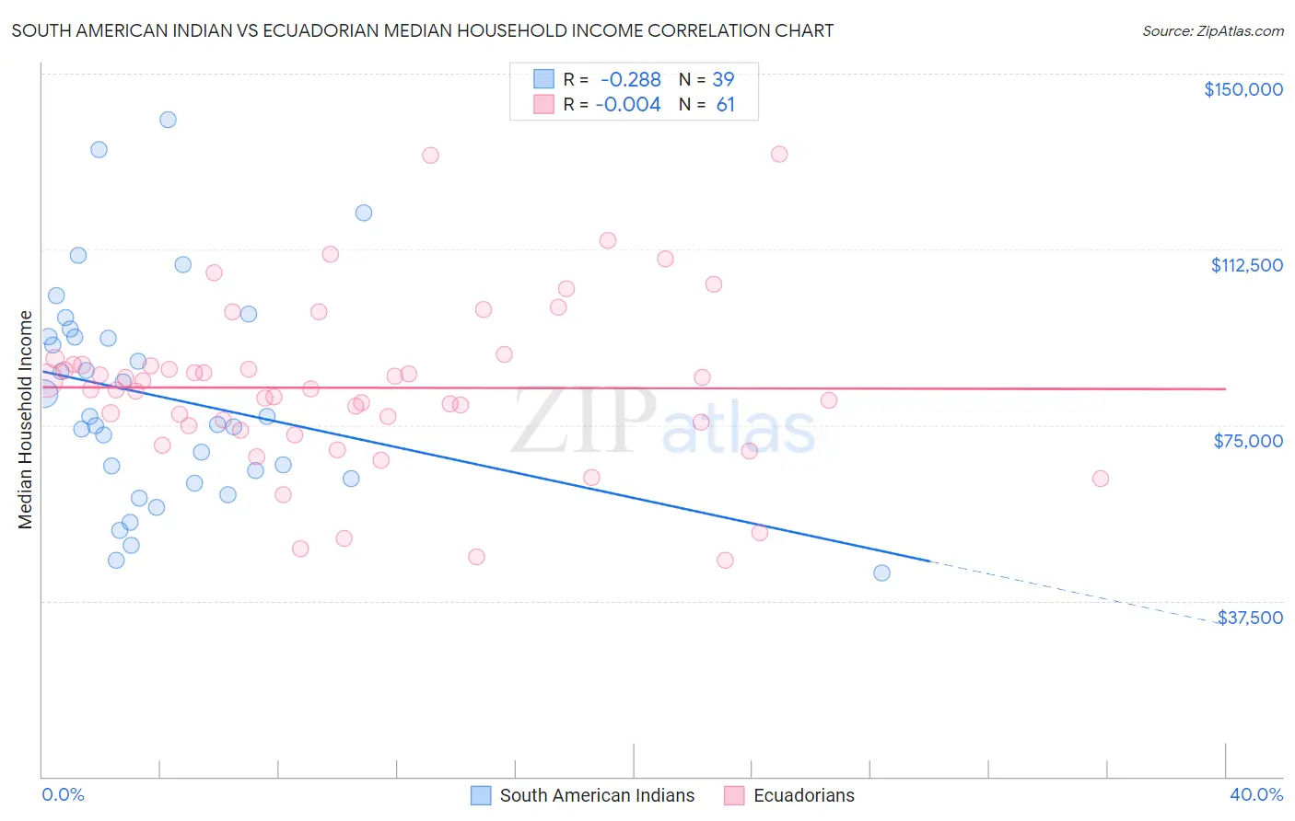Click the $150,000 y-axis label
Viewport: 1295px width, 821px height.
point(1242,89)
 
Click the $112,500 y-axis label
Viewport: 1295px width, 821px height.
point(1246,265)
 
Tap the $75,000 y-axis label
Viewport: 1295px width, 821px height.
point(1248,441)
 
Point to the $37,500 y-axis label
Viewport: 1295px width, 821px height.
point(1250,618)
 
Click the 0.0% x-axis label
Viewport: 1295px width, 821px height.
point(63,794)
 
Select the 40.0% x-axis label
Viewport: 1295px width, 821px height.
point(1255,794)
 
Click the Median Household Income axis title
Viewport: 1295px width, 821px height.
point(25,420)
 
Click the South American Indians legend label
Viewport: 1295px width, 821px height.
point(597,795)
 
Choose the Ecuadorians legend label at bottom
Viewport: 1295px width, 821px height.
point(803,795)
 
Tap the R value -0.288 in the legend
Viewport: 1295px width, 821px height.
point(630,79)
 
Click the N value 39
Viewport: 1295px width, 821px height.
point(723,79)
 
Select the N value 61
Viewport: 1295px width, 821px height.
point(725,105)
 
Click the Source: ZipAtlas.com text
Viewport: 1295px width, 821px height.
point(1212,31)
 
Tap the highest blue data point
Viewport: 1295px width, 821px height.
point(168,120)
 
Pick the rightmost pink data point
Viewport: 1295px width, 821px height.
point(1100,479)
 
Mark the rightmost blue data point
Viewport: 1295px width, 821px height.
point(881,572)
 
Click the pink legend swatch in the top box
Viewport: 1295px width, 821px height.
point(543,105)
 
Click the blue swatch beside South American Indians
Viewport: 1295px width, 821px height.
point(481,795)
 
